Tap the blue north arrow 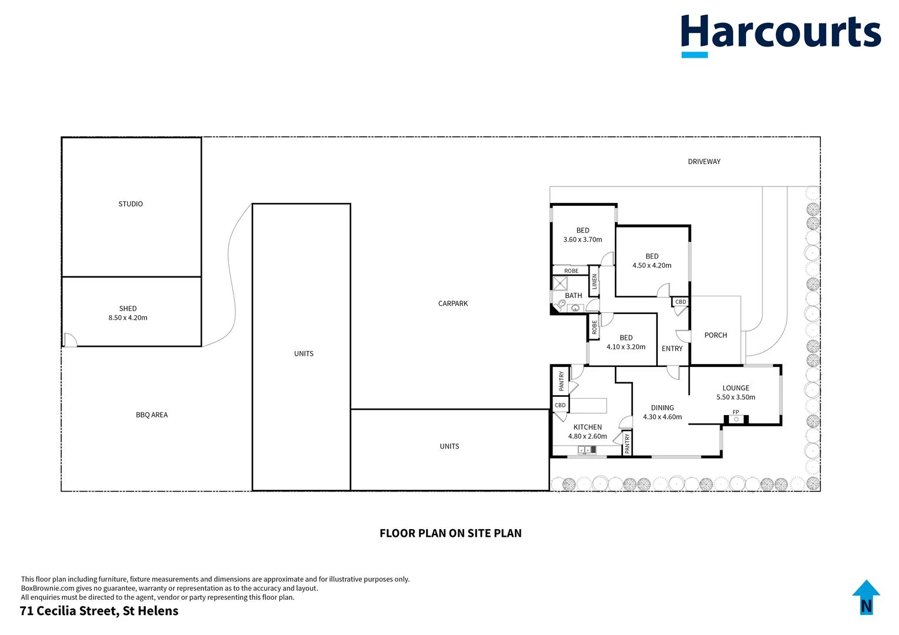865,597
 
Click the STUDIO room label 131,204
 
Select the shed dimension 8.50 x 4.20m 128,317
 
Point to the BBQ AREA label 152,415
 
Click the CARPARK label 453,303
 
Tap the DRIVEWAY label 704,162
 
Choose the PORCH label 715,335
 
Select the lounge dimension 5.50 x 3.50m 735,397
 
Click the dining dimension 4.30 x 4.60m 662,417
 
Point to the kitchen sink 587,450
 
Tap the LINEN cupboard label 594,282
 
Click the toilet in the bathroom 561,305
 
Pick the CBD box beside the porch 680,302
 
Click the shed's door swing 70,340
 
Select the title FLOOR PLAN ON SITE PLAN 450,533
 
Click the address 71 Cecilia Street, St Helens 99,611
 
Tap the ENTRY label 672,349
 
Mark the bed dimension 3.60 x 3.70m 582,240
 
